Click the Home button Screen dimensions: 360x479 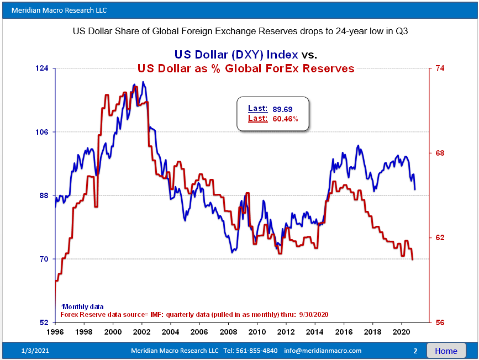(446, 351)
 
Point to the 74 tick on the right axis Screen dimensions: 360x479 (441, 68)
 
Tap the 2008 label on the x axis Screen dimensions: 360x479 (228, 332)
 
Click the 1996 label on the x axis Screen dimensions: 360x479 (55, 332)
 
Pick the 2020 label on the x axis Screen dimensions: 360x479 (400, 332)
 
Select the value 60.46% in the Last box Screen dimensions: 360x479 (286, 119)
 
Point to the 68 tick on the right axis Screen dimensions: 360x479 (441, 153)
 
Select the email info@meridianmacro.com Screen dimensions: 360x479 (323, 351)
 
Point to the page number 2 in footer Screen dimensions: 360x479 (415, 351)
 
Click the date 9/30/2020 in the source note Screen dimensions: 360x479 (314, 314)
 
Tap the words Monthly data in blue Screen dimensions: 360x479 (83, 306)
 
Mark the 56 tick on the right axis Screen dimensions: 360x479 (441, 322)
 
